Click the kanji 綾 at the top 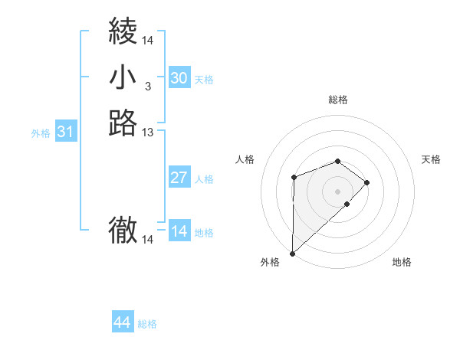click(123, 32)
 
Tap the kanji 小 click(123, 77)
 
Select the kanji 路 click(123, 123)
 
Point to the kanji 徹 click(123, 230)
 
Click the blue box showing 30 click(179, 78)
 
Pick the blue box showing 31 click(66, 132)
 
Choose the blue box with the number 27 click(179, 178)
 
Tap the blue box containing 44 click(123, 322)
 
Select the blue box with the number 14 click(179, 231)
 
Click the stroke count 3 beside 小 click(147, 86)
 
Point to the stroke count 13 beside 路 click(148, 133)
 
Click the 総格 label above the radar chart click(338, 100)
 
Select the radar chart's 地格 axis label click(402, 262)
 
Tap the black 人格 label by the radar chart click(245, 159)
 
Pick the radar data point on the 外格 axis click(292, 253)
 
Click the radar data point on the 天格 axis click(367, 182)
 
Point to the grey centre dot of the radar click(337, 191)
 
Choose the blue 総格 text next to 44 click(147, 324)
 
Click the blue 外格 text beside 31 click(41, 133)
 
